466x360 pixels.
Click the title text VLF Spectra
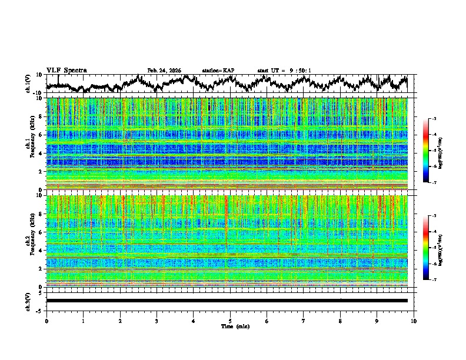pyautogui.click(x=66, y=71)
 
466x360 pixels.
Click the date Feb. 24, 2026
pyautogui.click(x=164, y=71)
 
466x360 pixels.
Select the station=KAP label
pyautogui.click(x=218, y=71)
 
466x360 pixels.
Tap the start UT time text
pyautogui.click(x=284, y=71)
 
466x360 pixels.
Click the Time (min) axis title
pyautogui.click(x=235, y=326)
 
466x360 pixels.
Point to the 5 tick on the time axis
pyautogui.click(x=230, y=321)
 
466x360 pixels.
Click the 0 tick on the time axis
pyautogui.click(x=46, y=321)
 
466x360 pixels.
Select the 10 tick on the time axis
pyautogui.click(x=414, y=321)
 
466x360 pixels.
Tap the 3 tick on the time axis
pyautogui.click(x=157, y=321)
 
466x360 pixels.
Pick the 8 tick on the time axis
pyautogui.click(x=340, y=321)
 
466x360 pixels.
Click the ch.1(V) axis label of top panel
pyautogui.click(x=28, y=84)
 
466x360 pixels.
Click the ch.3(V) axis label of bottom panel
pyautogui.click(x=28, y=301)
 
